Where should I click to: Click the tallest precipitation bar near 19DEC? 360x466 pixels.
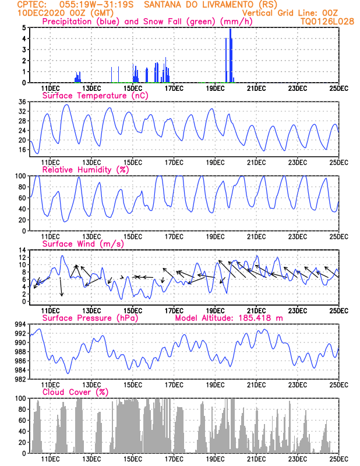230,55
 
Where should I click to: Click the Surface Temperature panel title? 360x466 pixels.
95,96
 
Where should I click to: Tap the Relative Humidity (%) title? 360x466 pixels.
86,170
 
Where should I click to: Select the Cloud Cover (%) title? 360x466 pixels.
75,392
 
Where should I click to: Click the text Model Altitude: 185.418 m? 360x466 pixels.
229,318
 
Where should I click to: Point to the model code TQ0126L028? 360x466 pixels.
327,22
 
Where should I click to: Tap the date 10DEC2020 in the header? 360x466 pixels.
41,13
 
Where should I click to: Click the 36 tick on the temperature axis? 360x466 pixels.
22,102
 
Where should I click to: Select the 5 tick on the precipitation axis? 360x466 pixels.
24,28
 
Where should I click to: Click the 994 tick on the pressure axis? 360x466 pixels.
21,324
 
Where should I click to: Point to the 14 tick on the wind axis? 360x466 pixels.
23,250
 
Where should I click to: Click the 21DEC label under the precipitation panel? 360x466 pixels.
256,89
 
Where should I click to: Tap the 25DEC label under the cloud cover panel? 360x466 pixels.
339,459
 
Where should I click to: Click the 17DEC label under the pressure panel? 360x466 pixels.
174,385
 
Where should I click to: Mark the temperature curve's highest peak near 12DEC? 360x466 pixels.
67,105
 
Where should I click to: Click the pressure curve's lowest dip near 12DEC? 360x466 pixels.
68,373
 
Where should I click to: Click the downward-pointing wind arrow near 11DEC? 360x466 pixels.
61,287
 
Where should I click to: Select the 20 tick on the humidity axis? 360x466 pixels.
22,220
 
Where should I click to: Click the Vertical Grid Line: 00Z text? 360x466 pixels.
290,13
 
